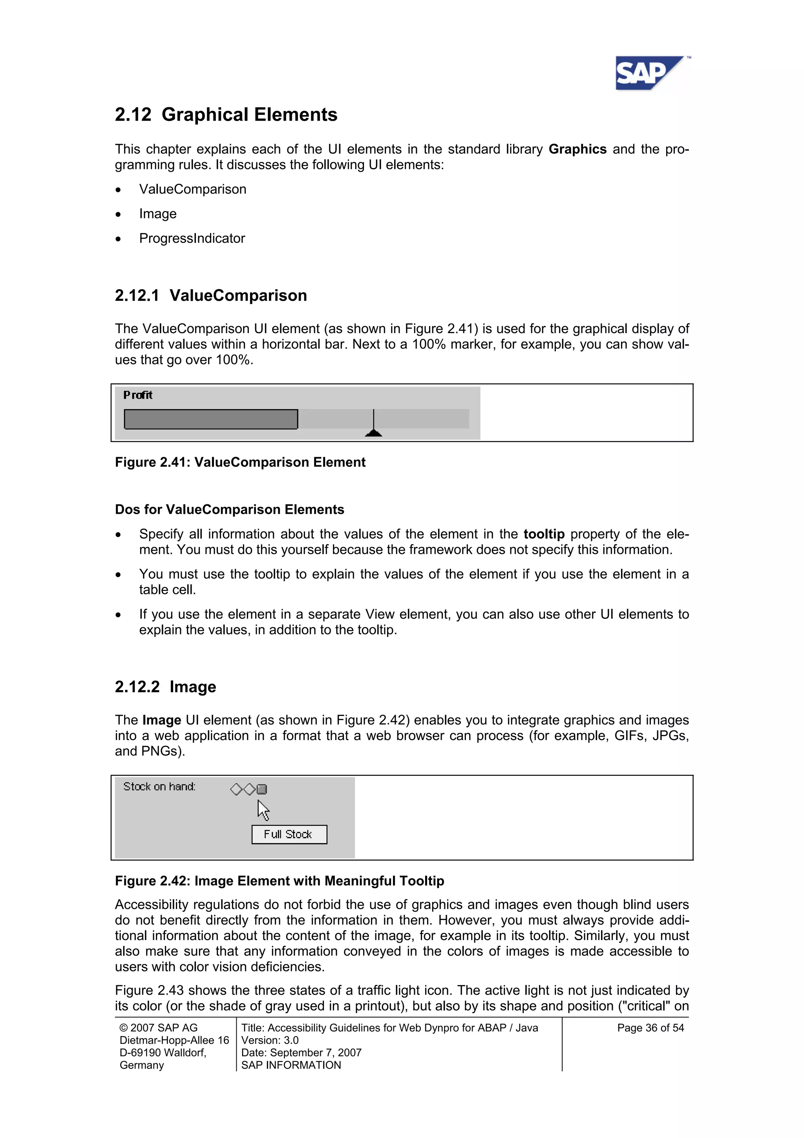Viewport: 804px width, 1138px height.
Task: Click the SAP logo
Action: coord(649,74)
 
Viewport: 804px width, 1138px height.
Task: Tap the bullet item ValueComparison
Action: coord(192,189)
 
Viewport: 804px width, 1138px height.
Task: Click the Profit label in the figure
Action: coord(138,395)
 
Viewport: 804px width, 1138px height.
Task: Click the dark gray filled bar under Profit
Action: coord(210,419)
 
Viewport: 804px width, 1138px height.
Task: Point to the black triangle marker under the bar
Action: coord(373,433)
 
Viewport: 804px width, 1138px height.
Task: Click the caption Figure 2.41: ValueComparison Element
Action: coord(240,462)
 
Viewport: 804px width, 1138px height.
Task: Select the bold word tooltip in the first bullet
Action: coord(543,534)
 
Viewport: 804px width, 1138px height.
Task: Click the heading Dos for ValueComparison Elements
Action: coord(229,509)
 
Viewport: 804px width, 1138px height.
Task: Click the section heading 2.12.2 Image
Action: coord(165,687)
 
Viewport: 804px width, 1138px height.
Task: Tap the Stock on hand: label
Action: coord(159,786)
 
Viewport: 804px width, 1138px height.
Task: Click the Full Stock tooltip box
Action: coord(289,834)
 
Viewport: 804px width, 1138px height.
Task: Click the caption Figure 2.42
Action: coord(280,881)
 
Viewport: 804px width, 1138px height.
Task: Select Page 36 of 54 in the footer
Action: coord(650,1028)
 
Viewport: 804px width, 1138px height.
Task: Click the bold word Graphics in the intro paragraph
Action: coord(577,149)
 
